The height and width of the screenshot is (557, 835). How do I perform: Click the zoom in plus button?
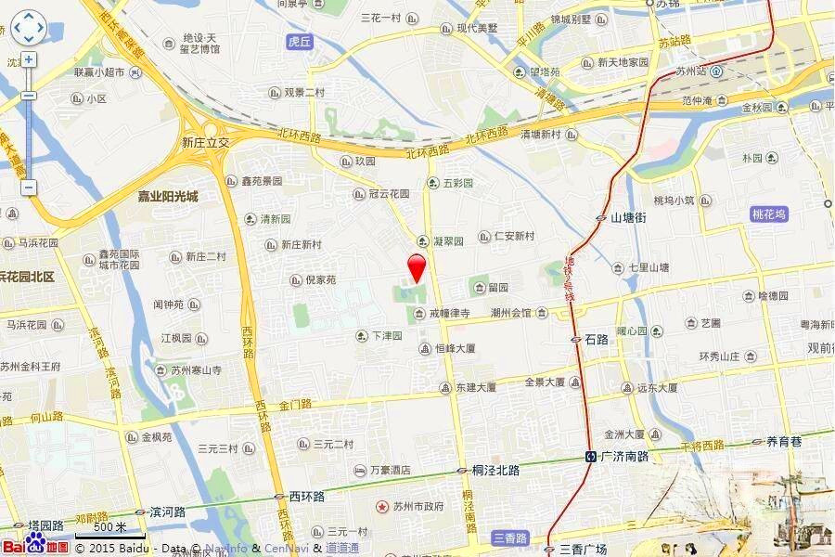pyautogui.click(x=29, y=60)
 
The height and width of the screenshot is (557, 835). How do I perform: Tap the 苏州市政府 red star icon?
pyautogui.click(x=382, y=507)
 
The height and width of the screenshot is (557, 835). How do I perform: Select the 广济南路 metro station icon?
pyautogui.click(x=590, y=457)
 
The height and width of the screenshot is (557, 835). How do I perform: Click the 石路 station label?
pyautogui.click(x=597, y=340)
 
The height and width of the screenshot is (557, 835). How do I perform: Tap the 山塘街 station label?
pyautogui.click(x=627, y=217)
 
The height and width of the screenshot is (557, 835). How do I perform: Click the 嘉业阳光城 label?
pyautogui.click(x=168, y=197)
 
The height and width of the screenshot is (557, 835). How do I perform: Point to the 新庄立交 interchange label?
pyautogui.click(x=205, y=143)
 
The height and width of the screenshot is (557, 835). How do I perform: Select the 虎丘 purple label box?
pyautogui.click(x=300, y=42)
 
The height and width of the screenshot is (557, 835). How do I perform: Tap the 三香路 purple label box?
pyautogui.click(x=509, y=538)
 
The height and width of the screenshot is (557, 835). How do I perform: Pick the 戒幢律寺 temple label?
pyautogui.click(x=449, y=314)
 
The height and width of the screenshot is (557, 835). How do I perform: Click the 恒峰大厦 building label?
pyautogui.click(x=455, y=348)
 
